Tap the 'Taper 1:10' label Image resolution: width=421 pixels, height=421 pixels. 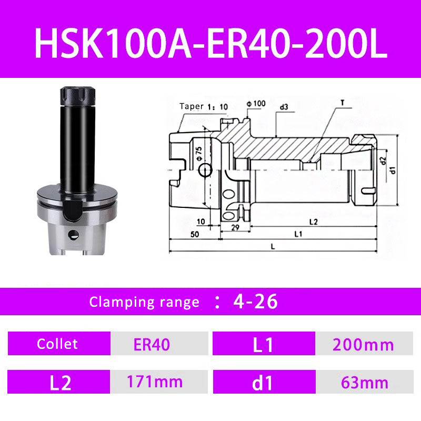click(x=204, y=106)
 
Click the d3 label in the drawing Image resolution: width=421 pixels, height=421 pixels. click(x=284, y=107)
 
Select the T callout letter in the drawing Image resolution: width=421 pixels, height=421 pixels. click(x=342, y=103)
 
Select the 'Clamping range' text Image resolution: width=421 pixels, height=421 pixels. click(x=144, y=302)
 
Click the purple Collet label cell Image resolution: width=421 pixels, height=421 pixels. click(x=58, y=344)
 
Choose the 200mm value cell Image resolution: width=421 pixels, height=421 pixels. click(x=363, y=345)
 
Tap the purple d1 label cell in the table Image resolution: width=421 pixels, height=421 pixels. click(x=263, y=383)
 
